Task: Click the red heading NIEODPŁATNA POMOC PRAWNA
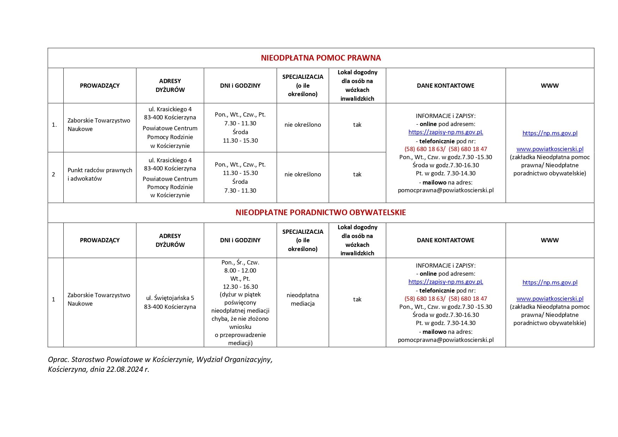pos(320,58)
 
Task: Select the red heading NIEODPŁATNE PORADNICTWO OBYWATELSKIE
pos(320,212)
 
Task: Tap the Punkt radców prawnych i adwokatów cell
pos(100,174)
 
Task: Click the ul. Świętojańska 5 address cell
pos(170,302)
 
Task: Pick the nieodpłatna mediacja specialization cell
pos(302,299)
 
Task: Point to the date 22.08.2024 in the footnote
pos(125,369)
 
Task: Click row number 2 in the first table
pos(54,174)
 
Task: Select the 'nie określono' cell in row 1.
pos(302,125)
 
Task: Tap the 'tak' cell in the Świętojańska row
pos(357,299)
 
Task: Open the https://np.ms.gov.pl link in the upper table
pos(550,133)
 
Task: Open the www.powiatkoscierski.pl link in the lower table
pos(550,299)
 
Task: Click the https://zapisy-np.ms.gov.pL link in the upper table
pos(445,132)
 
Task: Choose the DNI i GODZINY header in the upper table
pos(240,86)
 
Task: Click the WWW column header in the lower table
pos(550,240)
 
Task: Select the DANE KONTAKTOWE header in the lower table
pos(445,240)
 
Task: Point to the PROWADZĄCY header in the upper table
pos(100,86)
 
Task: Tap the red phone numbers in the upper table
pos(445,149)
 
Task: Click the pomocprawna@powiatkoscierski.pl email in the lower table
pos(445,340)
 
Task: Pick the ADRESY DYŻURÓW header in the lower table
pos(170,240)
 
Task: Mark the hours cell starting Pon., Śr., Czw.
pos(240,302)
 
